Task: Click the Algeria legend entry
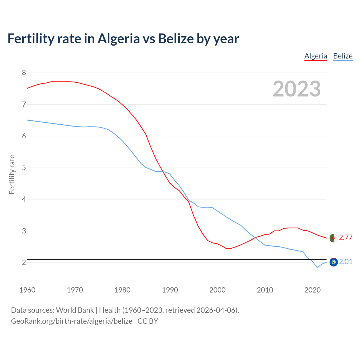point(316,56)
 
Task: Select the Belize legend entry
point(343,56)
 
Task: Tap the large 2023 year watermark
point(296,89)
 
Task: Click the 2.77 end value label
point(345,237)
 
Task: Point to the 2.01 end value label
point(345,262)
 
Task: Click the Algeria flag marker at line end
point(333,238)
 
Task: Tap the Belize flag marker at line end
point(334,262)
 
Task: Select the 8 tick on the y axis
point(24,73)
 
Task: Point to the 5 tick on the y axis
point(24,168)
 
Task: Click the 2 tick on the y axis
point(24,262)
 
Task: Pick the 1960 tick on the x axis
point(27,290)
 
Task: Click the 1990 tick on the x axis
point(170,290)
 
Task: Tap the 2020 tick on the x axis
point(312,290)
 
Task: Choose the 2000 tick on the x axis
point(217,290)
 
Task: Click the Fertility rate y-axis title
point(12,174)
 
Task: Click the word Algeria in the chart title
point(118,39)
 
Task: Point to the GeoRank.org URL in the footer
point(71,321)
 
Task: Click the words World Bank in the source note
point(75,310)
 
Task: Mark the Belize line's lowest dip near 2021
point(317,267)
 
